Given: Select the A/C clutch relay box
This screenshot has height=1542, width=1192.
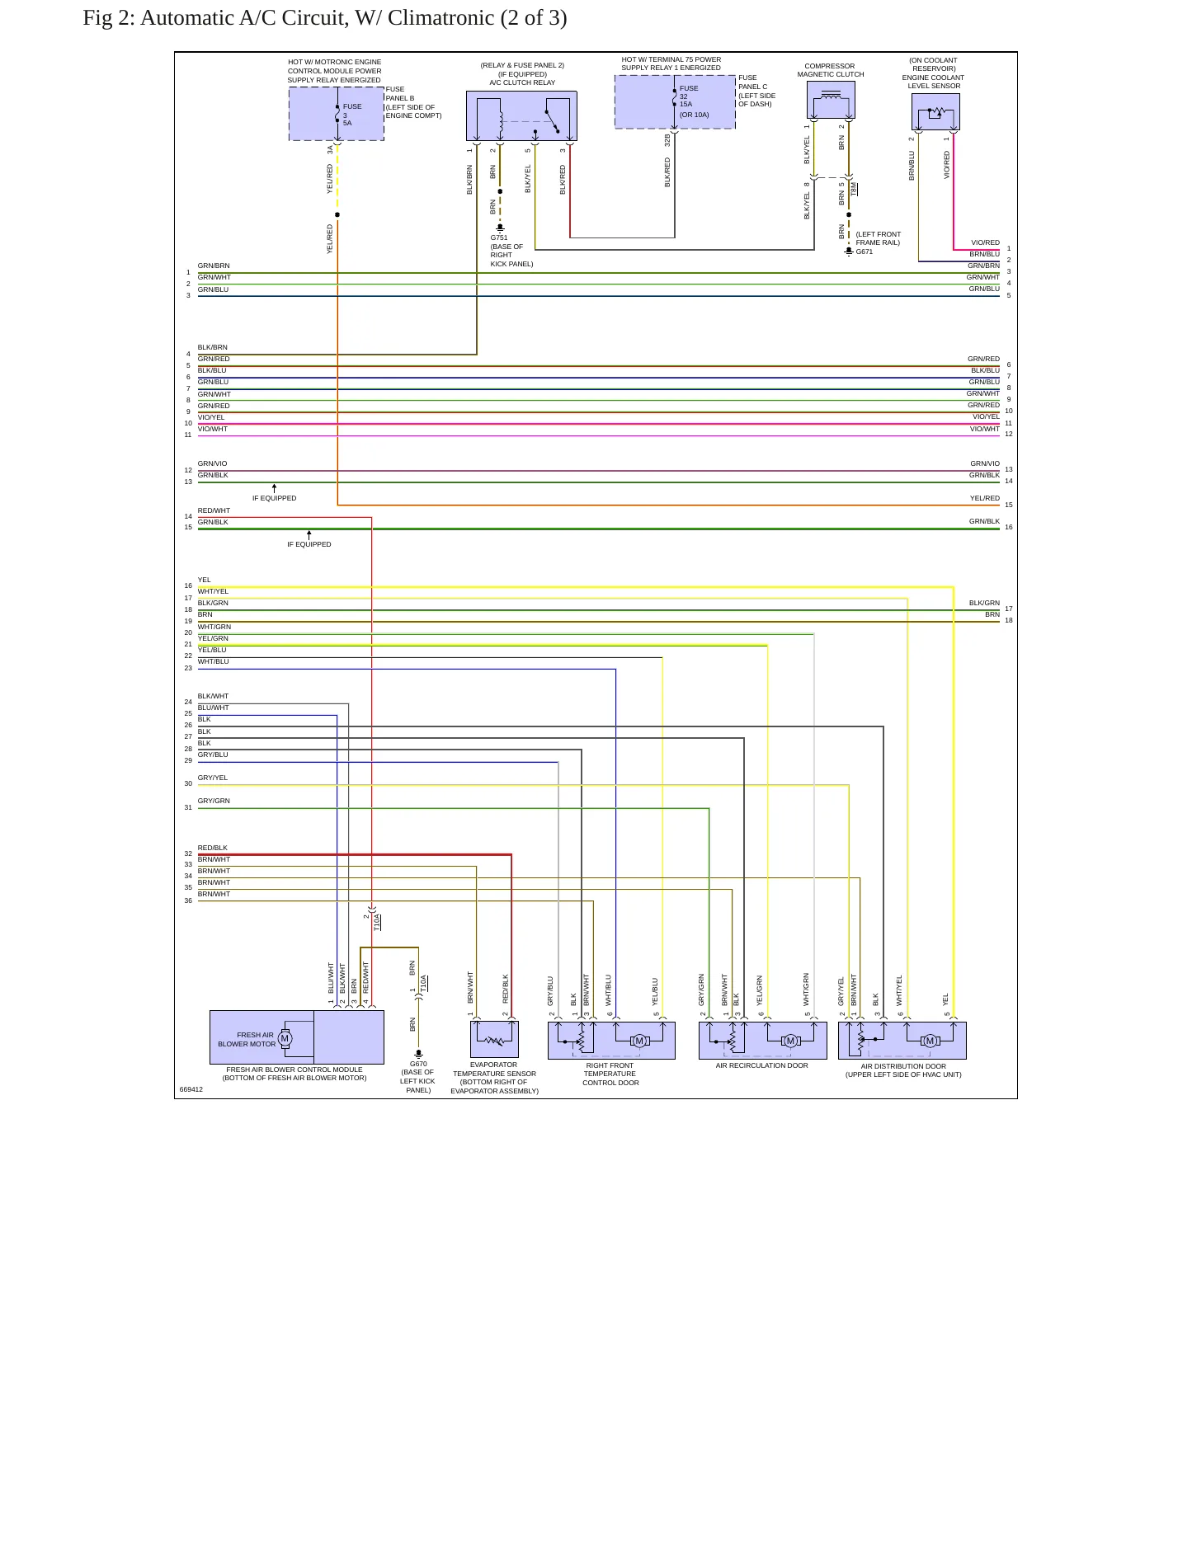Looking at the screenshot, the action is click(521, 116).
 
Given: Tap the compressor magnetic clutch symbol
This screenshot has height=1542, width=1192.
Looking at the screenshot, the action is click(831, 100).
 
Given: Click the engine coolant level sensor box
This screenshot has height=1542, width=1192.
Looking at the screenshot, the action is click(935, 111).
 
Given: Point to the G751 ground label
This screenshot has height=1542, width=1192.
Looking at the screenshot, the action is click(499, 237).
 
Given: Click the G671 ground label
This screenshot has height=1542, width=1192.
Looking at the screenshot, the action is click(865, 252).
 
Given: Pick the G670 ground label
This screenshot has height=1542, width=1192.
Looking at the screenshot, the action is click(418, 1064).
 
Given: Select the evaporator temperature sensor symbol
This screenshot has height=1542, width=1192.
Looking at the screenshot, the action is click(494, 1039).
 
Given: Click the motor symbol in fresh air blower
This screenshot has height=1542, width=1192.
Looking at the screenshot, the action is click(285, 1038).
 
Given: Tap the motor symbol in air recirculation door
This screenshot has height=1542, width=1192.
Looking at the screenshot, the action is click(790, 1041).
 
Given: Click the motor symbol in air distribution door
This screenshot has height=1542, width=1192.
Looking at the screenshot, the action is click(930, 1041).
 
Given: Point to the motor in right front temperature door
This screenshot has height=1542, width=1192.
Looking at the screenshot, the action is click(638, 1041).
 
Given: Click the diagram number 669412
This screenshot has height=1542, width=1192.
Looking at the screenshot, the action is click(191, 1089).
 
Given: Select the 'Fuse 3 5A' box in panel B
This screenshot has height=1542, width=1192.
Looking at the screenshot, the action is click(337, 114).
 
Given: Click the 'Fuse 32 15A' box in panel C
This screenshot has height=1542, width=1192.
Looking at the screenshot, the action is click(675, 102).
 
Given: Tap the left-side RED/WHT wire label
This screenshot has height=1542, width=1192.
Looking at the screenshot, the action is click(214, 510).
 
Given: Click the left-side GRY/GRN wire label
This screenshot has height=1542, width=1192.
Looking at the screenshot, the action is click(214, 801).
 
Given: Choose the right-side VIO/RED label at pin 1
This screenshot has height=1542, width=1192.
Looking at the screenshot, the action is click(985, 242).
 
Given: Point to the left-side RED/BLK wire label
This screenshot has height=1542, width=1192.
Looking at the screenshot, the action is click(212, 848).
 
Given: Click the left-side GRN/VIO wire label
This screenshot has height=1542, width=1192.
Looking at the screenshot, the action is click(212, 463).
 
